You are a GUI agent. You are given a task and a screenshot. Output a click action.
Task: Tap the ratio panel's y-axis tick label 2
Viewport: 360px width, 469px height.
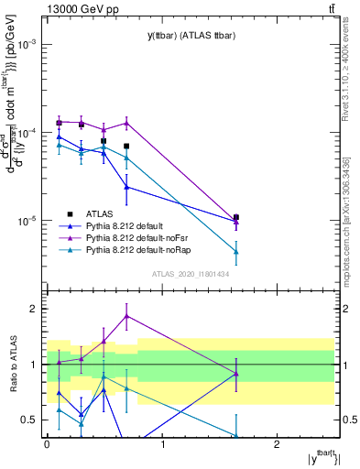(x=35, y=309)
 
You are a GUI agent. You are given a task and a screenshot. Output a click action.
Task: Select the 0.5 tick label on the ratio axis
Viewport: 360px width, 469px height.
(x=30, y=420)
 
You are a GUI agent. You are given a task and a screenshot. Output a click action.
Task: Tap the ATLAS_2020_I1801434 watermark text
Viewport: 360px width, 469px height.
(x=190, y=274)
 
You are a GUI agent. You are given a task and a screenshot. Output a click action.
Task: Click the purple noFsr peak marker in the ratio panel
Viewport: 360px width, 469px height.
(x=126, y=316)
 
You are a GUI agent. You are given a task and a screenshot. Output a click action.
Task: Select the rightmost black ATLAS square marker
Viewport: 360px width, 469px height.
(x=236, y=217)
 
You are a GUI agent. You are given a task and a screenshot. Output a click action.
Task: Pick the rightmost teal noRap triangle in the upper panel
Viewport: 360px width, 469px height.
(x=236, y=251)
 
